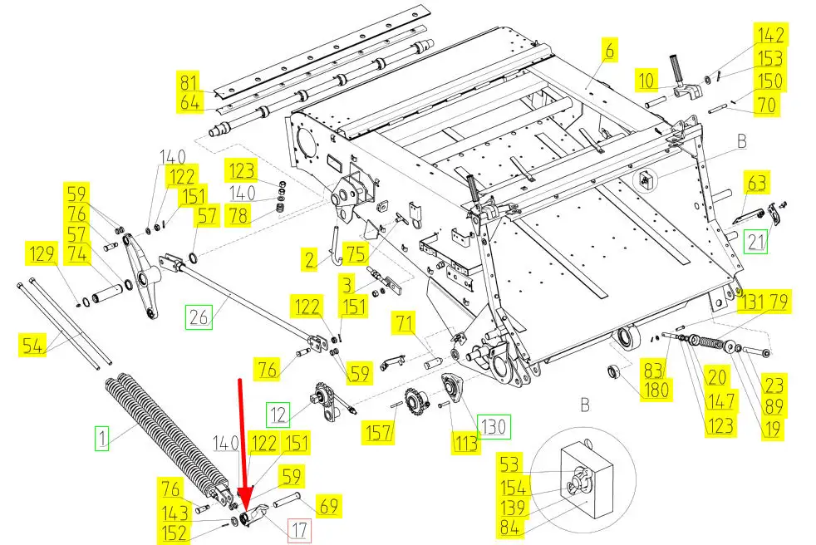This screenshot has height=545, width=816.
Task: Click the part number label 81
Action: pos(189,83)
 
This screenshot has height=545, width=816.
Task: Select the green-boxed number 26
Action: pos(199,317)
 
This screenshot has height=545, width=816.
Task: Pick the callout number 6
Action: pos(609,52)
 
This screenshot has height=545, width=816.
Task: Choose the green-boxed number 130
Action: pos(494,427)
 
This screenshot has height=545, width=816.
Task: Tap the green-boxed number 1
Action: pos(101,437)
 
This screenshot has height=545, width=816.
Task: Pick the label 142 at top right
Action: pos(770,36)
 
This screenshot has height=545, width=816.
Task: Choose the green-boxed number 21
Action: pos(756,242)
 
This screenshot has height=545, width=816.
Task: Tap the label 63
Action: pos(757,182)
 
